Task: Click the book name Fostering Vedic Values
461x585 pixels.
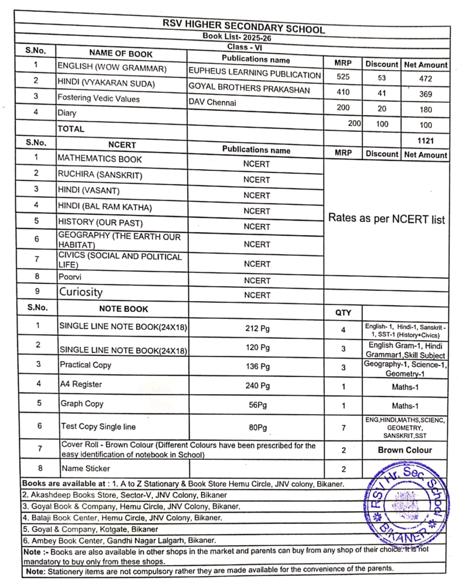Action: click(x=99, y=98)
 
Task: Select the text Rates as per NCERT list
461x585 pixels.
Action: click(x=386, y=219)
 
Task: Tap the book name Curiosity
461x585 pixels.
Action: click(x=81, y=292)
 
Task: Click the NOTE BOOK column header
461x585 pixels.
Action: click(x=123, y=309)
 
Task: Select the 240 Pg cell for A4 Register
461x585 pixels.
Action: click(x=257, y=384)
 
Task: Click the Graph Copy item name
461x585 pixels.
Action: click(x=82, y=404)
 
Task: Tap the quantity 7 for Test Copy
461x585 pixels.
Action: click(x=343, y=427)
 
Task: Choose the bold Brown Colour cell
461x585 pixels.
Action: click(x=405, y=450)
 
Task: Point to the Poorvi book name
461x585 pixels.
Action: click(x=71, y=277)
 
